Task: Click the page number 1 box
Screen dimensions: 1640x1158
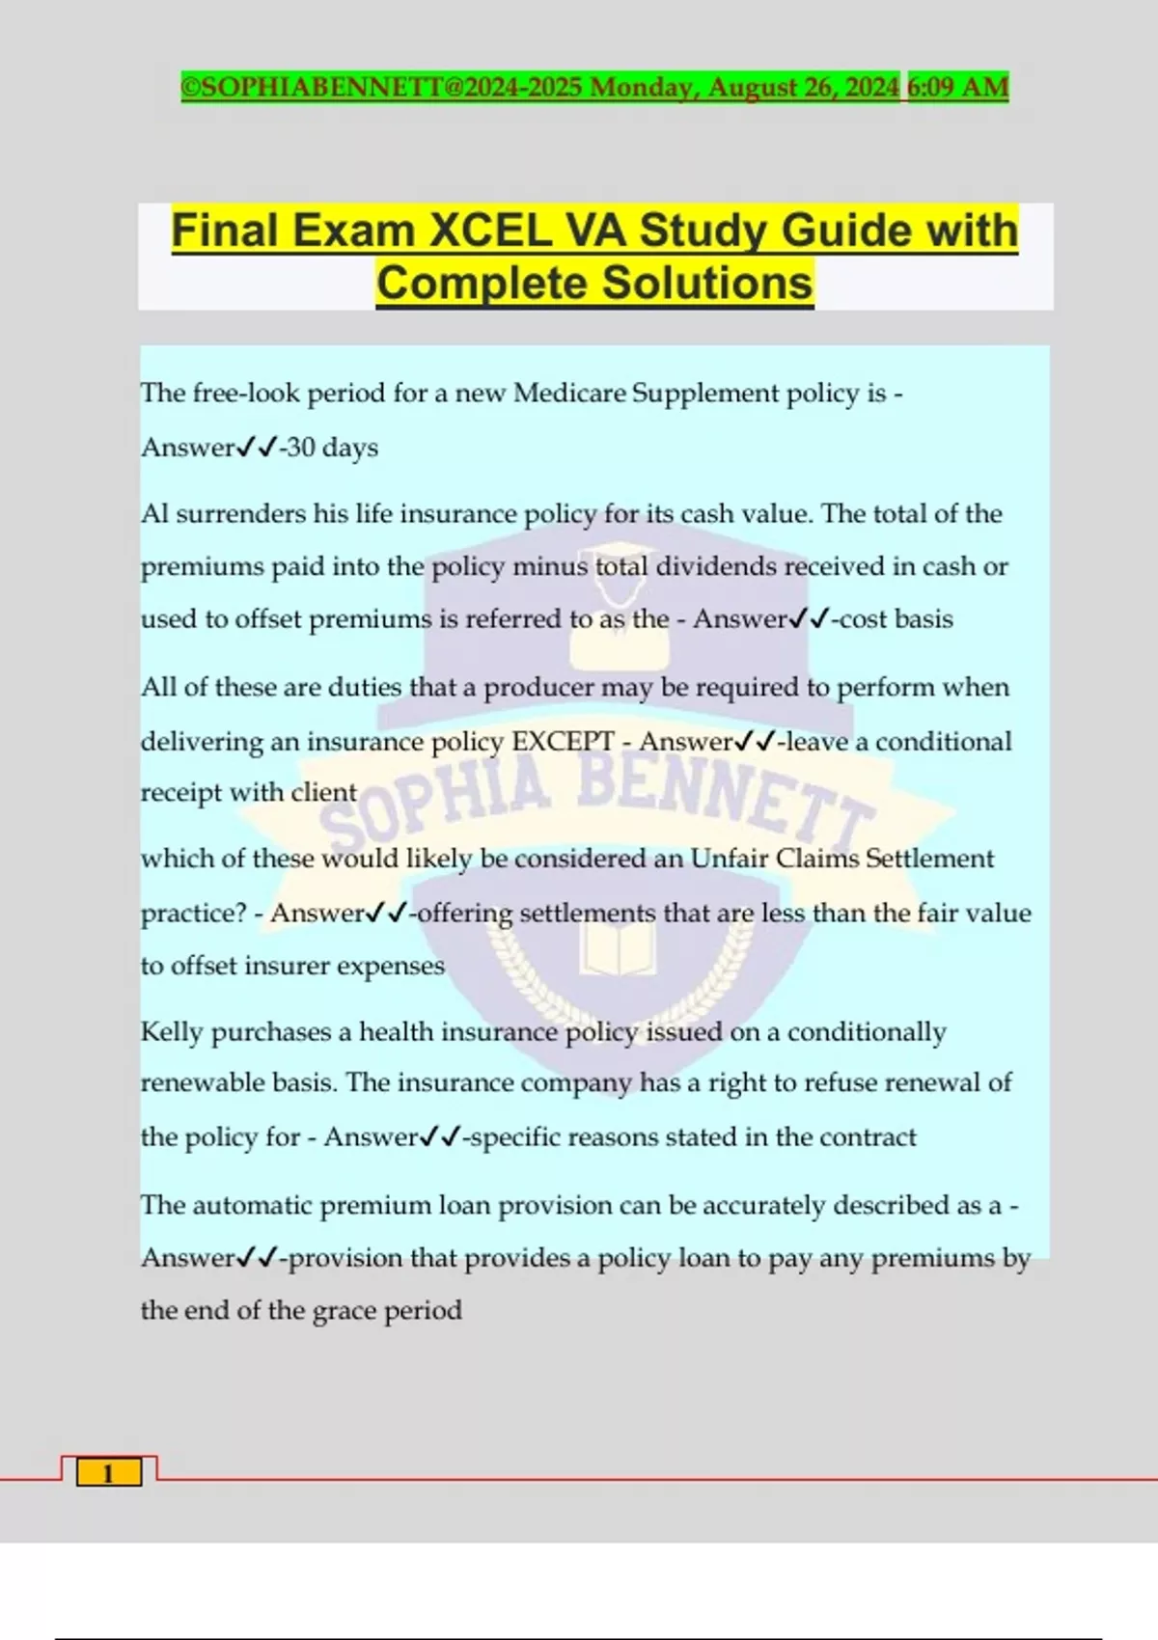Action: pos(108,1473)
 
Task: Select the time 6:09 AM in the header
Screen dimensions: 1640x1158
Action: pos(957,87)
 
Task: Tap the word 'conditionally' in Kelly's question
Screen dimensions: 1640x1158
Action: pos(866,1031)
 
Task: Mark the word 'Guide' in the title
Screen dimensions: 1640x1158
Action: pos(849,232)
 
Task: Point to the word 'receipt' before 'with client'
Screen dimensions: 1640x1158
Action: pos(181,792)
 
